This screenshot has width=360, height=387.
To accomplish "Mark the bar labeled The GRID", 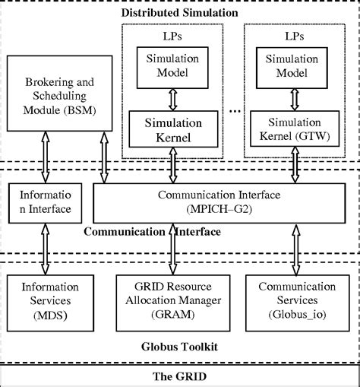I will [180, 376].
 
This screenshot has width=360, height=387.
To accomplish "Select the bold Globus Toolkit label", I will [180, 346].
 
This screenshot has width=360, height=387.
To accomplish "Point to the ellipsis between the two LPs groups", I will [232, 111].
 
